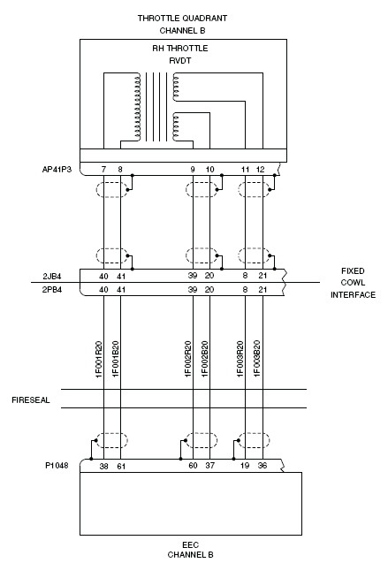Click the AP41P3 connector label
[x=57, y=170]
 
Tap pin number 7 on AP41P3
[x=103, y=170]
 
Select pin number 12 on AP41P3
[x=260, y=170]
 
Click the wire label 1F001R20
[x=99, y=359]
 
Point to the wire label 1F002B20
[x=204, y=359]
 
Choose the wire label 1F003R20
[x=240, y=359]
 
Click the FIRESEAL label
[x=31, y=400]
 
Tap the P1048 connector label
[x=57, y=466]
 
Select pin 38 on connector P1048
[x=103, y=467]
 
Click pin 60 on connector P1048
[x=193, y=466]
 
